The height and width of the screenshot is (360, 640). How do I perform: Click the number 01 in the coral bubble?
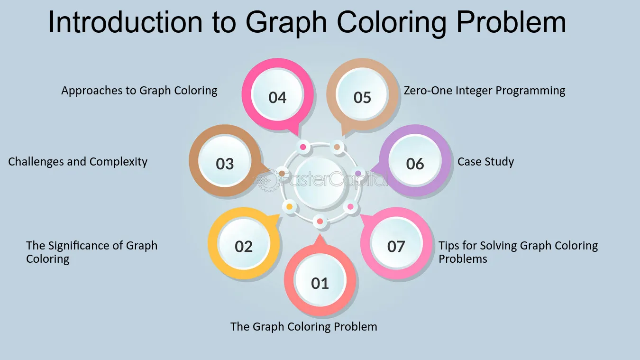(320, 283)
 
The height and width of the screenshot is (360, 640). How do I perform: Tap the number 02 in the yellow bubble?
(243, 247)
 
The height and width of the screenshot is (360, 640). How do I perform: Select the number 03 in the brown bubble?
(225, 164)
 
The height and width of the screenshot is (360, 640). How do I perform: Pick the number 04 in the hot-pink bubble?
(277, 98)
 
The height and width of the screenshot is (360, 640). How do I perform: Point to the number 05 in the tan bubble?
(362, 98)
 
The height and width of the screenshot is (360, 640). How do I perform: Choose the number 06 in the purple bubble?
(415, 164)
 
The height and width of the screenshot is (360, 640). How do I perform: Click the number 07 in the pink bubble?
(396, 247)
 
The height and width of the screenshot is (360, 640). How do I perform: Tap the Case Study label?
(485, 162)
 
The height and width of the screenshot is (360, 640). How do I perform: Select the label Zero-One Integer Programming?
(485, 91)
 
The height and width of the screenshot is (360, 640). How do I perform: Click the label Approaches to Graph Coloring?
(139, 91)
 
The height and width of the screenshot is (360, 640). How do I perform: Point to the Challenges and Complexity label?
(78, 162)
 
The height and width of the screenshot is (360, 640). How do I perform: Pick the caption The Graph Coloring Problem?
(304, 327)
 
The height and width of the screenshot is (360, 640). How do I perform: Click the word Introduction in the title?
(126, 23)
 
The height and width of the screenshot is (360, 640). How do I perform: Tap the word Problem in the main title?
(511, 23)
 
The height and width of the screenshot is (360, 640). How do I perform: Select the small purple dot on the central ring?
(358, 173)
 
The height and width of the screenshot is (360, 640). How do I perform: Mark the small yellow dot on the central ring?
(290, 206)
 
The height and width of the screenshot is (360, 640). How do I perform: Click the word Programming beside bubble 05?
(530, 91)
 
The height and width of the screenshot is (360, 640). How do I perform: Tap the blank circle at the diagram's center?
(320, 183)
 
